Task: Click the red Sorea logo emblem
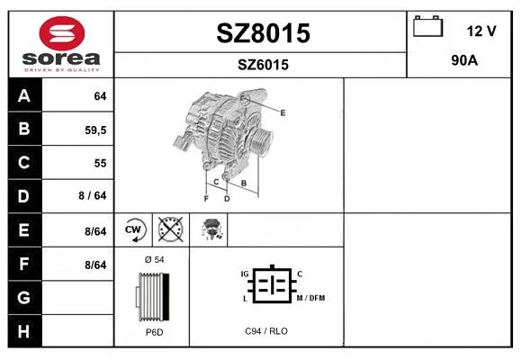(62, 33)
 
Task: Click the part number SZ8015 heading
(263, 33)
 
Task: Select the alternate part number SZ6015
(263, 65)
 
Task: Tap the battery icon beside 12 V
(428, 26)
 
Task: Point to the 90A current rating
(464, 60)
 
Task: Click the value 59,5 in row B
(95, 130)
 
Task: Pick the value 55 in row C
(100, 163)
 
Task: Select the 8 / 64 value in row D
(93, 195)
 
